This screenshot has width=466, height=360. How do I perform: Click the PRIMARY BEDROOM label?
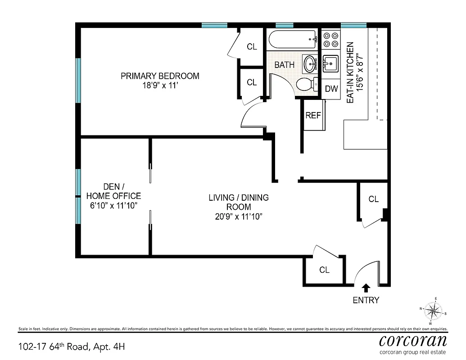point(160,76)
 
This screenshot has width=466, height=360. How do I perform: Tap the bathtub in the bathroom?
point(293,40)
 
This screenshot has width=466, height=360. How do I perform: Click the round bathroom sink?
point(310,64)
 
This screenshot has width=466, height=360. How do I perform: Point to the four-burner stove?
point(331,40)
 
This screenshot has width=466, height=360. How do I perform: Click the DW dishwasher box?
point(331,89)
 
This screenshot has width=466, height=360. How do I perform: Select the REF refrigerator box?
point(313,115)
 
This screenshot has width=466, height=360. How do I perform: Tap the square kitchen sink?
point(331,64)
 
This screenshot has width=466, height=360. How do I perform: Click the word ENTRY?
point(366,300)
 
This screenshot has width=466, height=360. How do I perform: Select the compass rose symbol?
point(433,310)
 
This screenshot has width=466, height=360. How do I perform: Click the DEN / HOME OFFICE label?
point(113,191)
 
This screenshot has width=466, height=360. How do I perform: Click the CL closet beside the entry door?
point(324,270)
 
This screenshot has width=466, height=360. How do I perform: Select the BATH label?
point(285,65)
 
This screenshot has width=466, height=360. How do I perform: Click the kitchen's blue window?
point(353,26)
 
